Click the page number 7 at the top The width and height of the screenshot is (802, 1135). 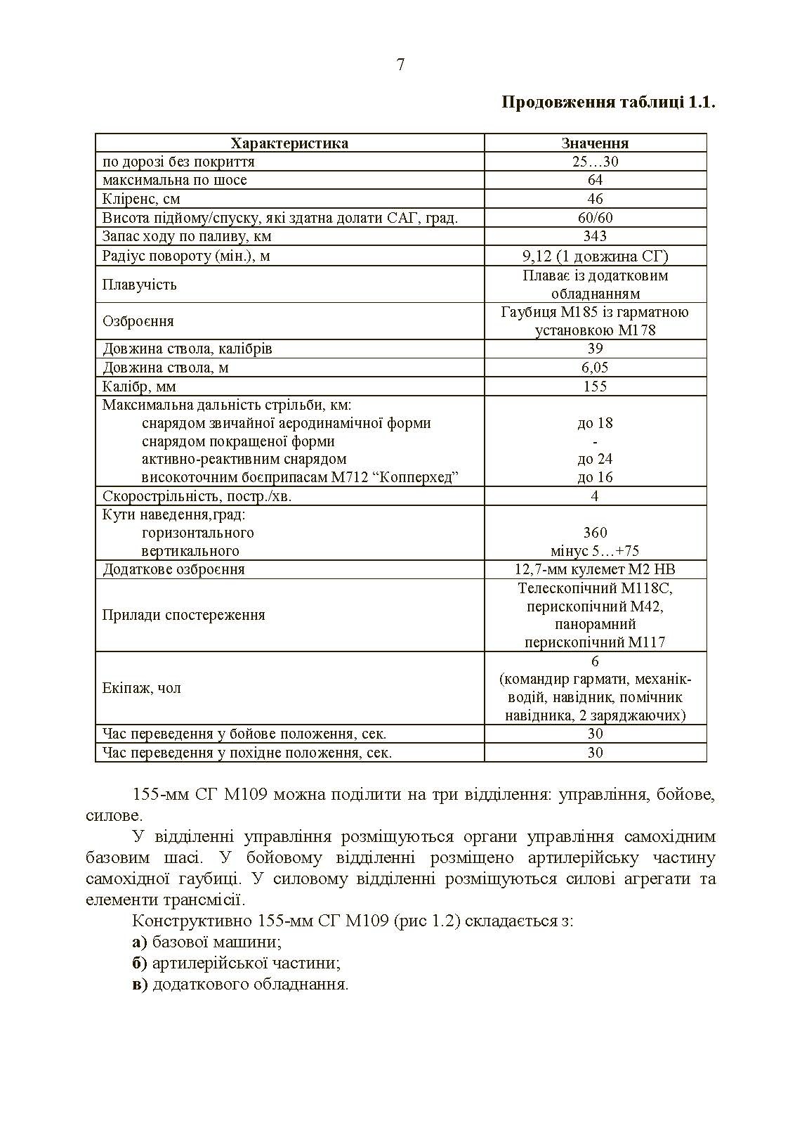(400, 65)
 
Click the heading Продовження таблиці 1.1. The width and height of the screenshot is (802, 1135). (608, 103)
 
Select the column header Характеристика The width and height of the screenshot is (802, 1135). (289, 143)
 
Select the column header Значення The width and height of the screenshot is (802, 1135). (595, 143)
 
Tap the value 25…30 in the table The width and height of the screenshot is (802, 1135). (595, 162)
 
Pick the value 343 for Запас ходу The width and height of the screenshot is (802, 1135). (595, 236)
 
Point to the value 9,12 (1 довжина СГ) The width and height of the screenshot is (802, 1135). (595, 256)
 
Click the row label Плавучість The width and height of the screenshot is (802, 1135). (139, 285)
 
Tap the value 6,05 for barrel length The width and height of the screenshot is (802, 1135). (595, 368)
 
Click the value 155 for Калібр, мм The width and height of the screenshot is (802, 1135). (595, 387)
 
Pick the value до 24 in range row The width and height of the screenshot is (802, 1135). (595, 459)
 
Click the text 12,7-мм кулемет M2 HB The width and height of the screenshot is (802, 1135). (595, 569)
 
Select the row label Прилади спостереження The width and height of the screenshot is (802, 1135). (183, 615)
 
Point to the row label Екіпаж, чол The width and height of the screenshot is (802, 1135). (141, 688)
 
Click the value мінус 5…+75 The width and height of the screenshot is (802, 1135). (595, 551)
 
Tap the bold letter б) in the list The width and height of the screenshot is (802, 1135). (139, 964)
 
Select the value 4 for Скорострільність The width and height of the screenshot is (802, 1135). (595, 496)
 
